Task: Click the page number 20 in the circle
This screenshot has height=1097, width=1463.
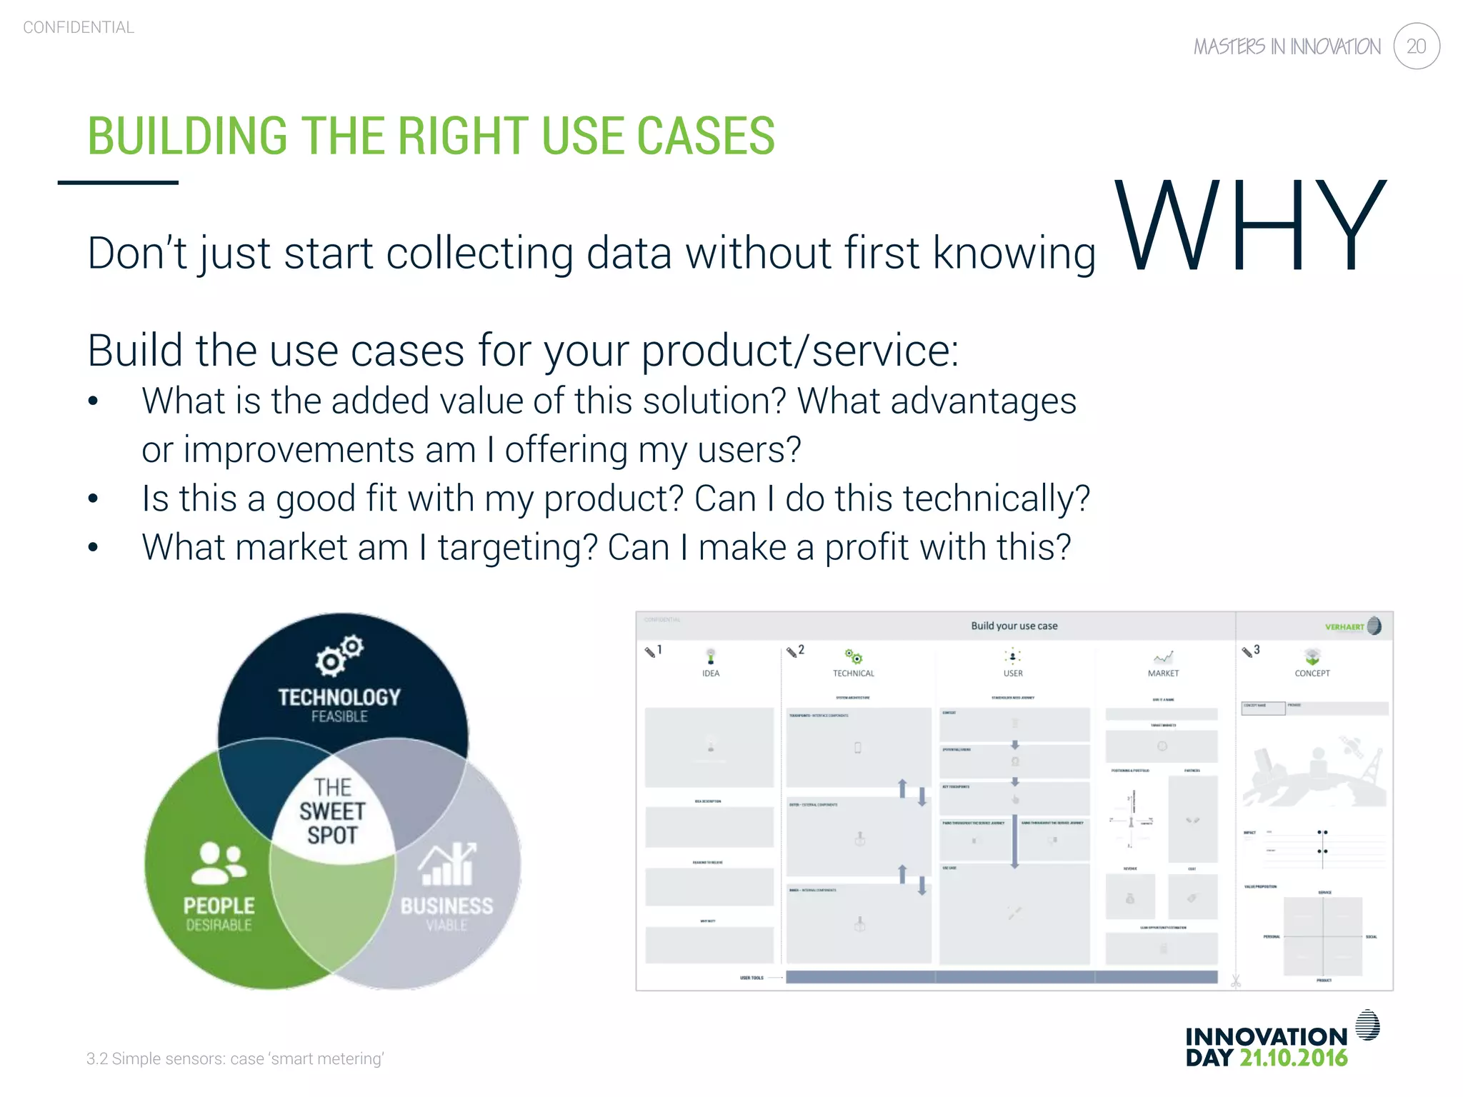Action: (x=1416, y=46)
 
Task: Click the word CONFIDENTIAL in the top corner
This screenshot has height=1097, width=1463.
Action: (x=79, y=27)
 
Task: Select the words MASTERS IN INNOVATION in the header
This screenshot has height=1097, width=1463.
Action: (x=1287, y=47)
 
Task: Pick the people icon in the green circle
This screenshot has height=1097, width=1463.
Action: (x=219, y=863)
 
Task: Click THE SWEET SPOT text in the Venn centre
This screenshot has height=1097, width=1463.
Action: (x=332, y=811)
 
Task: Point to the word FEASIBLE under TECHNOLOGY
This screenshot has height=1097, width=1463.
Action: (x=339, y=716)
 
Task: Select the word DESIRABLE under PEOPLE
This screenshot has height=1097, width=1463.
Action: (x=219, y=926)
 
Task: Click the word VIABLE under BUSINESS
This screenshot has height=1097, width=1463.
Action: (x=447, y=926)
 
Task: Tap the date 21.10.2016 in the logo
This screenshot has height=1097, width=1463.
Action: (x=1293, y=1058)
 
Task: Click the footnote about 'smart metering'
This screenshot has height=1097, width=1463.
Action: (x=235, y=1058)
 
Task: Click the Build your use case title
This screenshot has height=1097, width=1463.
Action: (x=1014, y=626)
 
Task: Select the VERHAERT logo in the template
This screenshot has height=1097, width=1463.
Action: (x=1352, y=626)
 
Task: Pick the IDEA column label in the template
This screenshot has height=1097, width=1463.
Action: (x=711, y=673)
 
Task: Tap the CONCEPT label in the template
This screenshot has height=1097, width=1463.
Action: (x=1312, y=673)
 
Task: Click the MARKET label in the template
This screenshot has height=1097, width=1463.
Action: (x=1163, y=673)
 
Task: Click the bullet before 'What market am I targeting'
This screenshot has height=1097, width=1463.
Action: (x=93, y=548)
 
